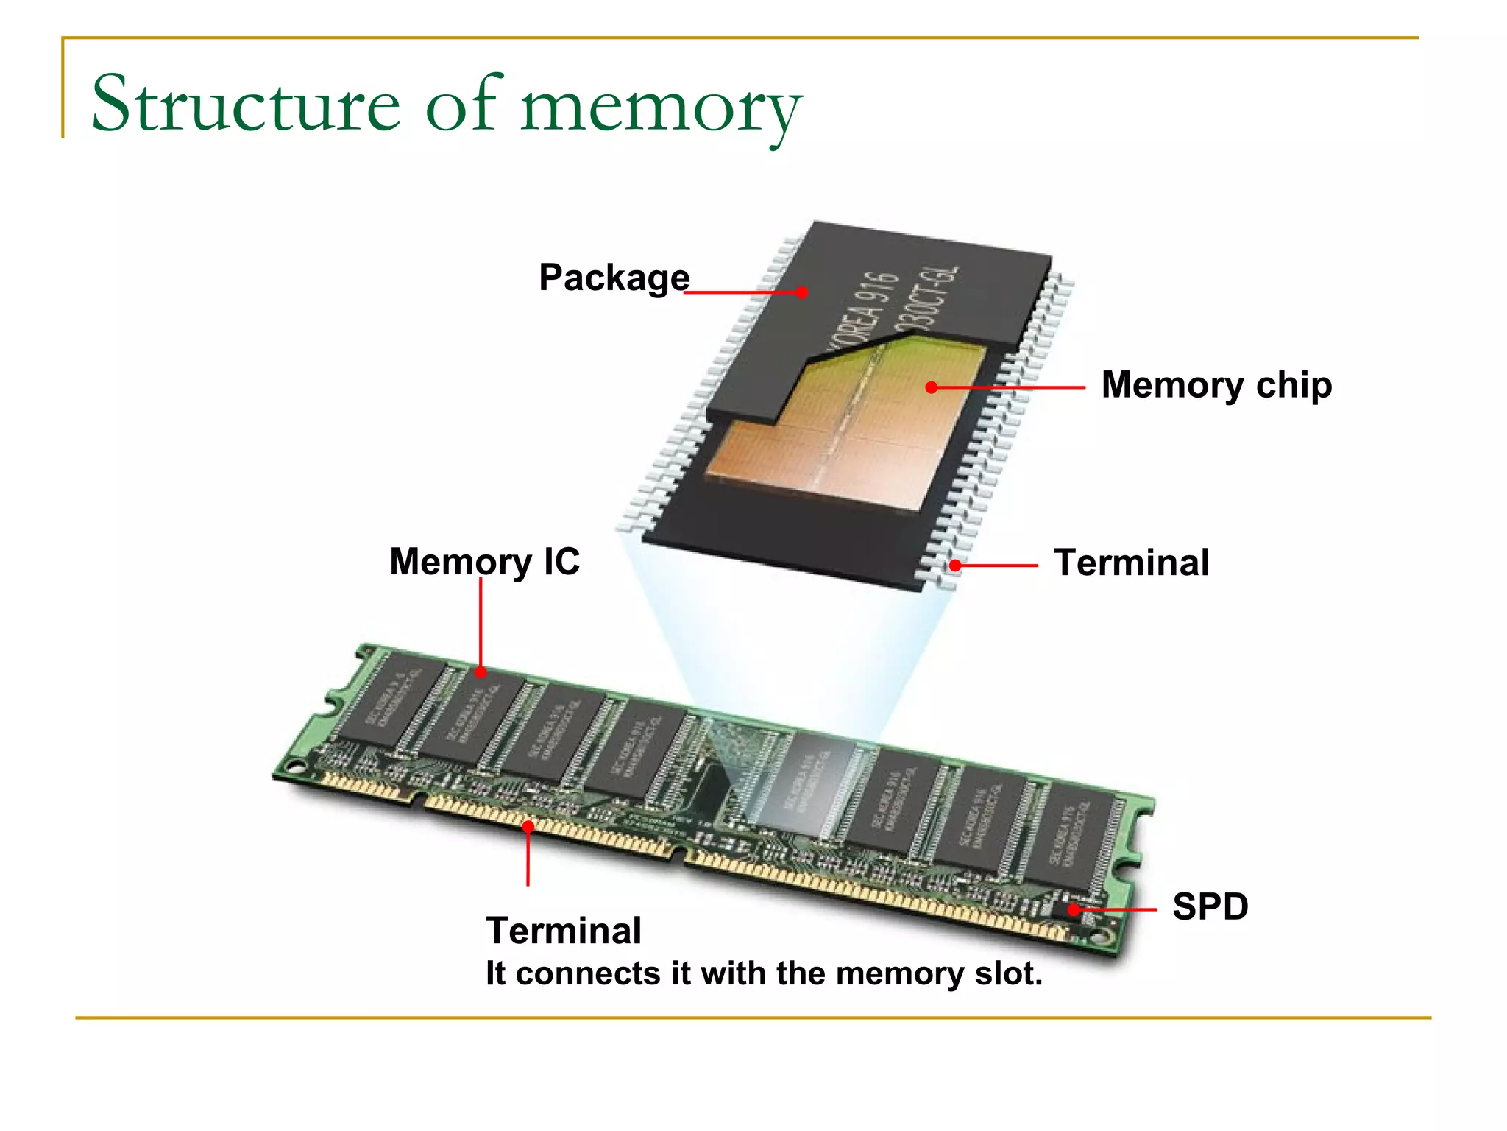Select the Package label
(x=614, y=278)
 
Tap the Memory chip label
(x=1216, y=385)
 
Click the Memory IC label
(x=484, y=562)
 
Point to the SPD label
(x=1210, y=906)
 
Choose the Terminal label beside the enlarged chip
(x=1132, y=563)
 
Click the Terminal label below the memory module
(x=564, y=931)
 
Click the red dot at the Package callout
(x=802, y=292)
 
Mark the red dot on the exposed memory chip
(x=932, y=387)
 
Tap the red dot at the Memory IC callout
(x=481, y=672)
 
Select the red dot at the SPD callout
(x=1074, y=909)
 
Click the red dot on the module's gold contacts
(x=528, y=827)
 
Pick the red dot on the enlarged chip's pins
(x=954, y=565)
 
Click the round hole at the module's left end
(x=296, y=767)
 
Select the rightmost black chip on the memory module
(x=1071, y=836)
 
